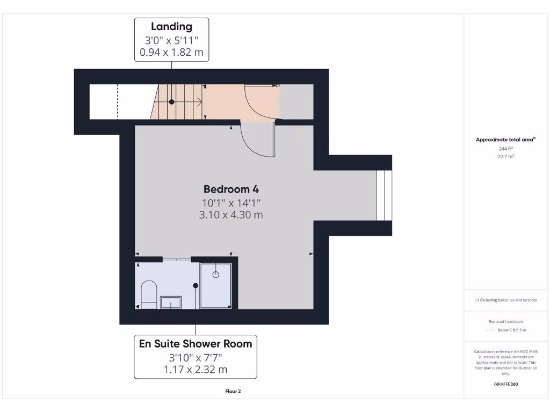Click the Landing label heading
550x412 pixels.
tap(171, 26)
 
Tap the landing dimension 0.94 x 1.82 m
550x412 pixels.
tap(171, 53)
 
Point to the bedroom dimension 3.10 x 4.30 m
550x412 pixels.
tap(231, 215)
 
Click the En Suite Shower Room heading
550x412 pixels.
tap(196, 344)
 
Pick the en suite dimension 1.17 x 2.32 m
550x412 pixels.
tap(196, 370)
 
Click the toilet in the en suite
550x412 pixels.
tap(148, 294)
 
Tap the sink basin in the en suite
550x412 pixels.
tap(171, 303)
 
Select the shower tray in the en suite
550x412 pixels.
tap(216, 285)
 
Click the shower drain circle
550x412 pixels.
tap(216, 275)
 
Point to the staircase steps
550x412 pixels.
tap(177, 102)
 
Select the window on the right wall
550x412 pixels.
tap(384, 195)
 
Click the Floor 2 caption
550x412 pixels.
tap(233, 392)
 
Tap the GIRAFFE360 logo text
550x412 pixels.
tap(506, 384)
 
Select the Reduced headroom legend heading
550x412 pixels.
tap(505, 321)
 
